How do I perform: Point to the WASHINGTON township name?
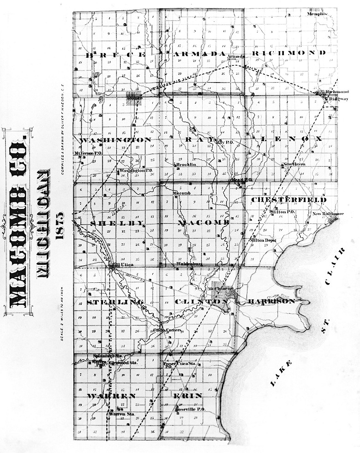click(x=115, y=139)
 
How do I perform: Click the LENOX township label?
click(x=290, y=138)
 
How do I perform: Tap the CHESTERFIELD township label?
click(x=288, y=200)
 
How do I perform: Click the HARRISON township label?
click(x=271, y=301)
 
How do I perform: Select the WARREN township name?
click(x=111, y=396)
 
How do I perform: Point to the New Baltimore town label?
click(x=328, y=214)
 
